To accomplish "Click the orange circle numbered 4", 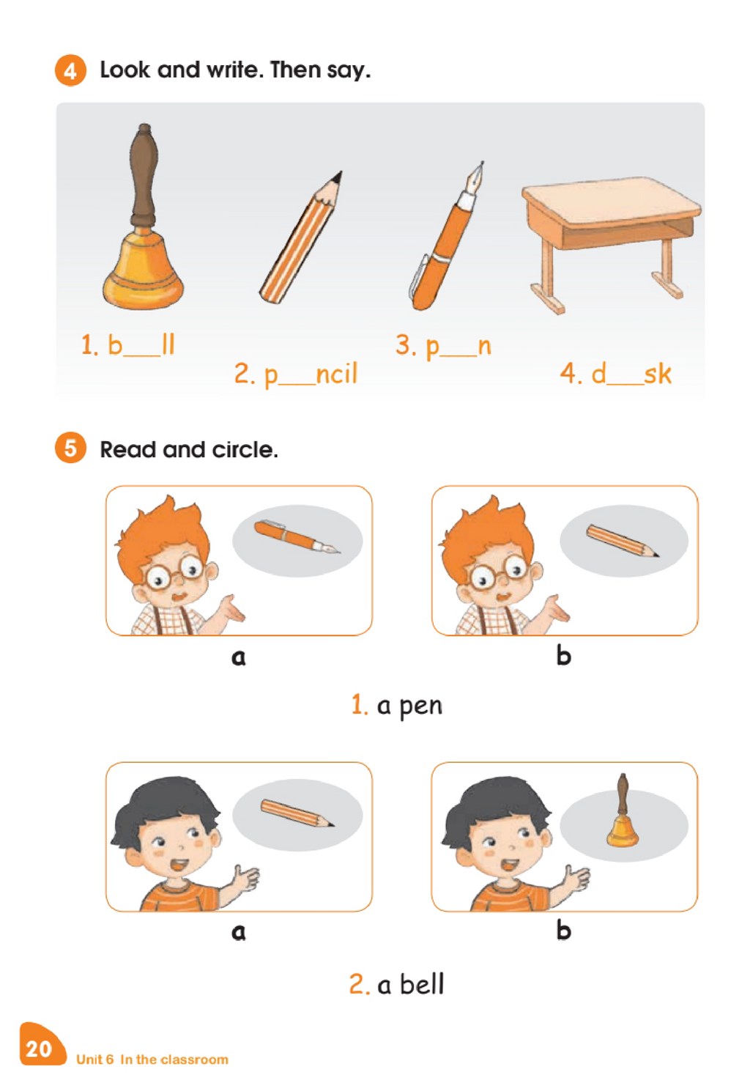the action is click(70, 71).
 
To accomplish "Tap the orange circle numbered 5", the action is click(70, 448).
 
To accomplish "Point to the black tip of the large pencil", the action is click(337, 177).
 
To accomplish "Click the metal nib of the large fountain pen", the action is click(477, 177).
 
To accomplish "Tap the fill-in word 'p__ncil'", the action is click(311, 374).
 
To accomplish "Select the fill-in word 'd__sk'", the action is click(631, 374).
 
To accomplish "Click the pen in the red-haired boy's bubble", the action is click(297, 536).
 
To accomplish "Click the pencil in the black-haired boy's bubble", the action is click(297, 813).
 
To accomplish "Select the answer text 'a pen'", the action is click(409, 706).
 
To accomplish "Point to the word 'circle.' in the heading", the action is click(245, 450).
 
